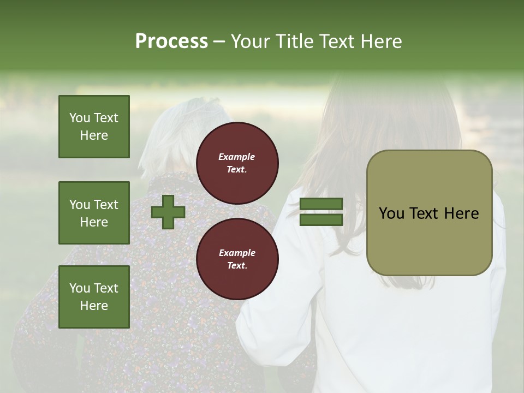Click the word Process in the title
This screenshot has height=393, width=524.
[171, 41]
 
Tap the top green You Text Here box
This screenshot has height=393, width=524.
[94, 127]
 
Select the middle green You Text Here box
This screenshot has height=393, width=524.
[94, 213]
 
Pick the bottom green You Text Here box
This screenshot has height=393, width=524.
[94, 296]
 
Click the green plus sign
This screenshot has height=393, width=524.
[168, 212]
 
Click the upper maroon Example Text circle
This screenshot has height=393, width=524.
[237, 163]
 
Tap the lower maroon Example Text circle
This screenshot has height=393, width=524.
[237, 259]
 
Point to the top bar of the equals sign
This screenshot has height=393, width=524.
[321, 204]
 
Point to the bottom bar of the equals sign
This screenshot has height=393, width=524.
[321, 219]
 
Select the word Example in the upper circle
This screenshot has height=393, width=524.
[237, 157]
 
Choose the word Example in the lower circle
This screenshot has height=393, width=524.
[237, 253]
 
